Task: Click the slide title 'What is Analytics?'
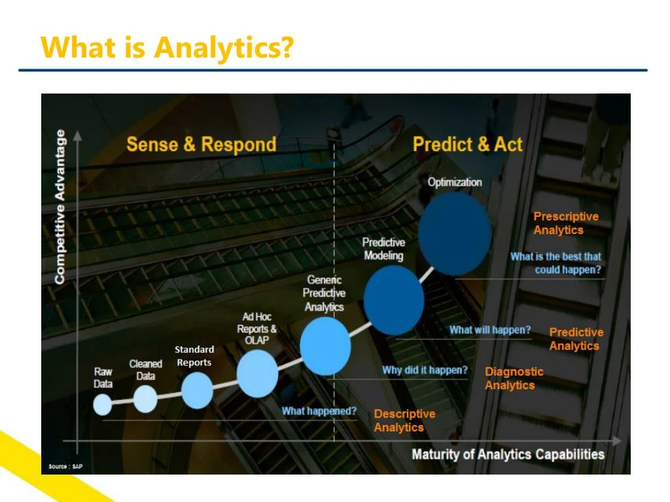(167, 48)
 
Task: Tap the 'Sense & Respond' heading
(201, 144)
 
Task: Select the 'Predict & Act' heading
(467, 144)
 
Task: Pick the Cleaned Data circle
(145, 399)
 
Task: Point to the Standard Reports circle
(197, 390)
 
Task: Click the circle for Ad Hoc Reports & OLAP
(257, 373)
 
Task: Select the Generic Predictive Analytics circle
(325, 346)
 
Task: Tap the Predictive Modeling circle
(393, 301)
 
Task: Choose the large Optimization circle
(454, 233)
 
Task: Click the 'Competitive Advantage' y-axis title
(60, 206)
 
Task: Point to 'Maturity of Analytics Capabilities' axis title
(508, 454)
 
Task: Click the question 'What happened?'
(319, 411)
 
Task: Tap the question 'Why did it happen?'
(425, 370)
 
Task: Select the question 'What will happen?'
(489, 330)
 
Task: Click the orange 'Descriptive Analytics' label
(404, 420)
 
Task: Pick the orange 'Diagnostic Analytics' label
(514, 378)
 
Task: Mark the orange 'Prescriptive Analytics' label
(565, 223)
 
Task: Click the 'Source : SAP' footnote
(66, 467)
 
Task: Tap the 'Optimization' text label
(454, 182)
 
